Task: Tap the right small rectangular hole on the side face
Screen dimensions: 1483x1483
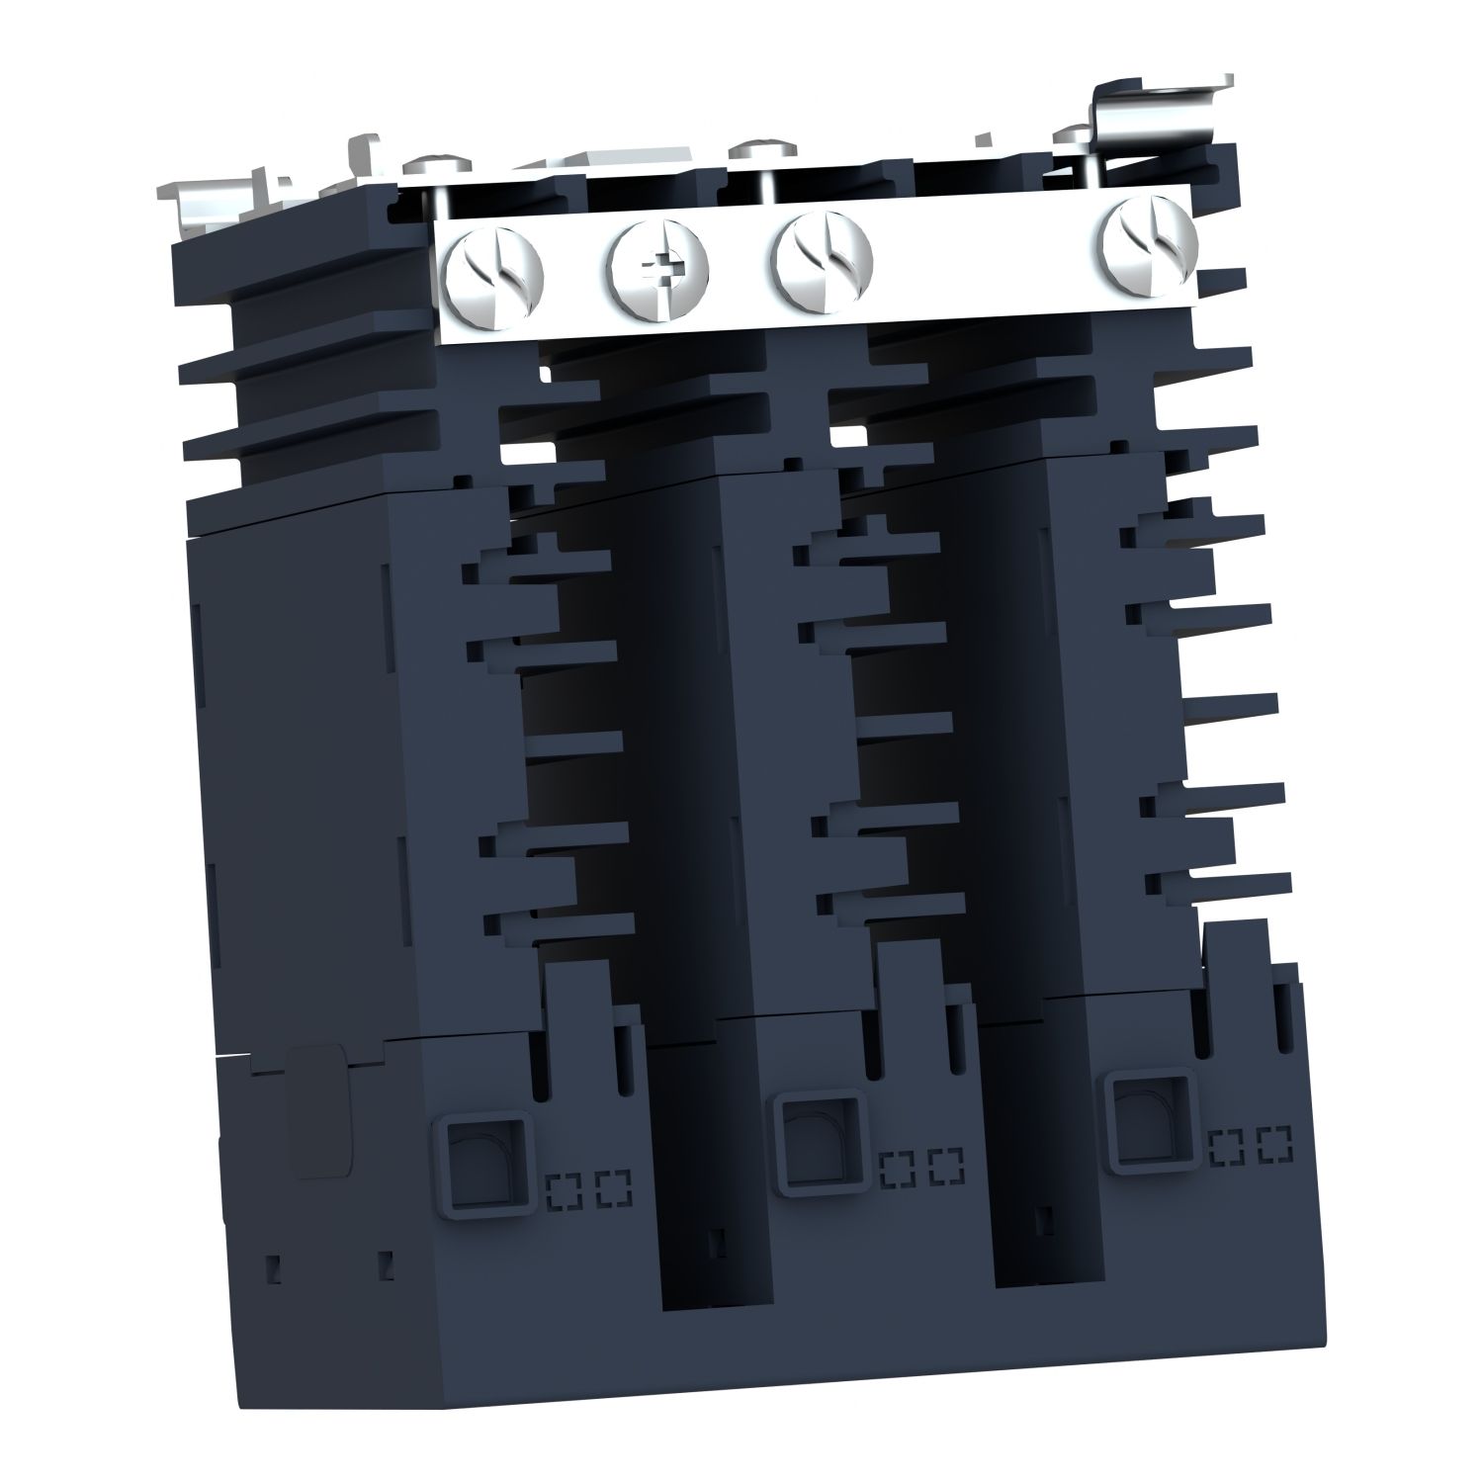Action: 387,1263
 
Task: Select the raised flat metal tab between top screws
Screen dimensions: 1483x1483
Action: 603,158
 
